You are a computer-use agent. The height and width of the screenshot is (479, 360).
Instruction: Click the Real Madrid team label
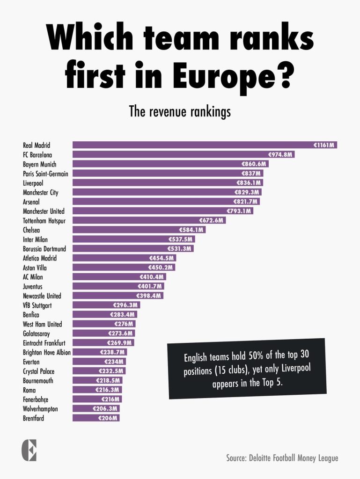point(37,145)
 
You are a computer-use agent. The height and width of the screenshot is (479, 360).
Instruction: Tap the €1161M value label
point(324,145)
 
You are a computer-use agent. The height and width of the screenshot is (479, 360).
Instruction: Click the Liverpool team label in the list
point(33,183)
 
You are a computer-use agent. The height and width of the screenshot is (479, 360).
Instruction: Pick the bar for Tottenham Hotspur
point(149,220)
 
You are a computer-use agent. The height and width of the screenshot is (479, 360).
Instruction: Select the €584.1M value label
point(191,230)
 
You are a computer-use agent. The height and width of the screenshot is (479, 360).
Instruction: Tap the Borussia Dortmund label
point(44,249)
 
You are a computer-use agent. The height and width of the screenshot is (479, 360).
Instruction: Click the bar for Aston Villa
point(124,268)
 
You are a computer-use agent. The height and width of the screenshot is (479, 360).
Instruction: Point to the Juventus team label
point(33,286)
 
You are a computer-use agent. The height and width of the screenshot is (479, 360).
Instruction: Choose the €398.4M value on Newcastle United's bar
point(149,296)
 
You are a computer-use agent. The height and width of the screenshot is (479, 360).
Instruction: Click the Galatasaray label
point(36,334)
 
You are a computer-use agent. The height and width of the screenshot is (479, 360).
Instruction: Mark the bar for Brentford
point(96,418)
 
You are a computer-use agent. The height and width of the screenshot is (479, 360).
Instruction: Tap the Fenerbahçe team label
point(36,399)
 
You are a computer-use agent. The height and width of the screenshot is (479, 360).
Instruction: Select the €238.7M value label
point(112,352)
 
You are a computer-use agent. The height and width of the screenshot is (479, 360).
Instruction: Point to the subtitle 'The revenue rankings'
point(180,112)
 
